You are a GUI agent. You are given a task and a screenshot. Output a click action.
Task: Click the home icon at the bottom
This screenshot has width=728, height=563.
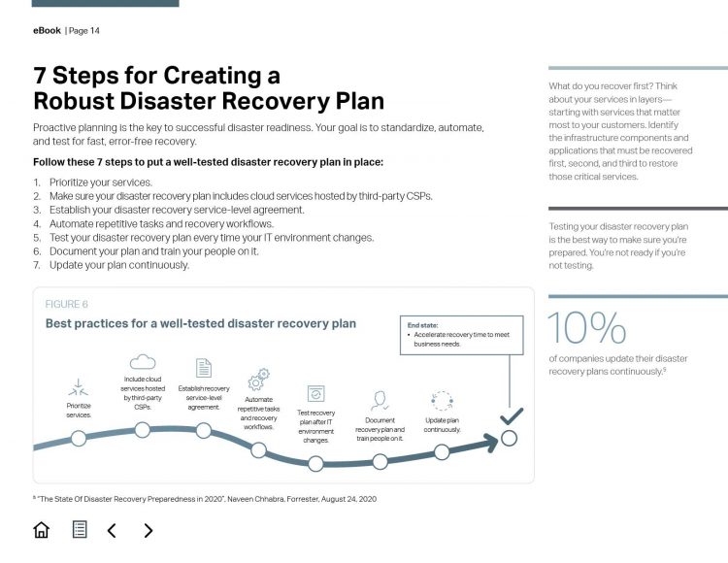41,530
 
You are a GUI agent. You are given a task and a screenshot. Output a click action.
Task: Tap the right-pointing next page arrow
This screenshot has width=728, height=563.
148,530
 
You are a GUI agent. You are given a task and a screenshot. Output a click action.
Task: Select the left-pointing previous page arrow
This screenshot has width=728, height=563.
112,530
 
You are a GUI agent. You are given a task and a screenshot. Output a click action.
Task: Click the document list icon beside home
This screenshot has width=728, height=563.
80,530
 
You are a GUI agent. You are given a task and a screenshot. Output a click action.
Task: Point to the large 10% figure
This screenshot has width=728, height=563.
587,329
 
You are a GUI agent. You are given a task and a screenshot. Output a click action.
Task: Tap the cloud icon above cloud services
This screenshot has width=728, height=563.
143,362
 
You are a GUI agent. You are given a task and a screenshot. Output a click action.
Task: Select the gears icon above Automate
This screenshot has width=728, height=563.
259,380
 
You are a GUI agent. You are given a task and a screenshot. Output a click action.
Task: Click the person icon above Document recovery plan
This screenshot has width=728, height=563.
380,400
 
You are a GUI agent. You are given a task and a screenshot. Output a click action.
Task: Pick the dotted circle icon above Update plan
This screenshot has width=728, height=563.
442,401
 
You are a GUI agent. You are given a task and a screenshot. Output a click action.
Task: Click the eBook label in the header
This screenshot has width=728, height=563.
47,30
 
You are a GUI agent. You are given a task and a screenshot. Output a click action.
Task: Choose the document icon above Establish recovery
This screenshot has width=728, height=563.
204,368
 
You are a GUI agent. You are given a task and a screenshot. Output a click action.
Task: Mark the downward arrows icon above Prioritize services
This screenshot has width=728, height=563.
80,385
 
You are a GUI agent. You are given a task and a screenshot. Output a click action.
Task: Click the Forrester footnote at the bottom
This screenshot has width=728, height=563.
204,499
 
